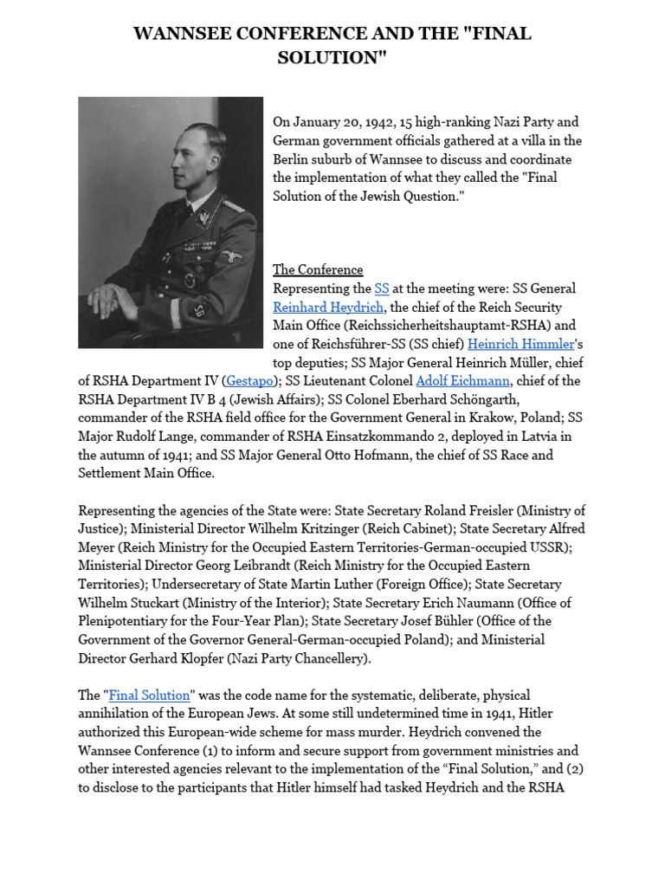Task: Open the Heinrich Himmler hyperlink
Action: (528, 344)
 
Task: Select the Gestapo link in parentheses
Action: (251, 381)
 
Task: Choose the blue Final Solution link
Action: (149, 696)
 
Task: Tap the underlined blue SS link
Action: (382, 288)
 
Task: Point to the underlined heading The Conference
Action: (318, 269)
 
